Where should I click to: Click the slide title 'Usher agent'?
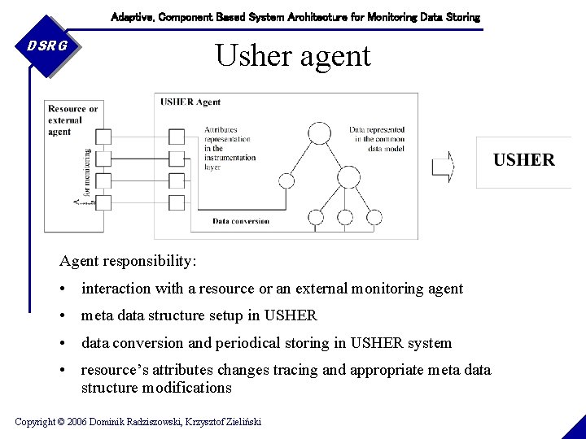click(x=292, y=55)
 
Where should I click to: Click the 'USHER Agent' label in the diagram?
click(x=190, y=102)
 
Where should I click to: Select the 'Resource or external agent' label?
click(x=72, y=120)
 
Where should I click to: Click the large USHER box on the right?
click(x=523, y=160)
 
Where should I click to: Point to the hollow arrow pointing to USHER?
click(x=443, y=166)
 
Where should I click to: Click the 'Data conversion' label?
click(x=240, y=221)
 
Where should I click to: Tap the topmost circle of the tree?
click(x=317, y=133)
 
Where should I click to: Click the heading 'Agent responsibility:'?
click(x=128, y=261)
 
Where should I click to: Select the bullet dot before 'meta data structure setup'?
click(x=63, y=316)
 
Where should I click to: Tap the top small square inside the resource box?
click(x=103, y=136)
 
